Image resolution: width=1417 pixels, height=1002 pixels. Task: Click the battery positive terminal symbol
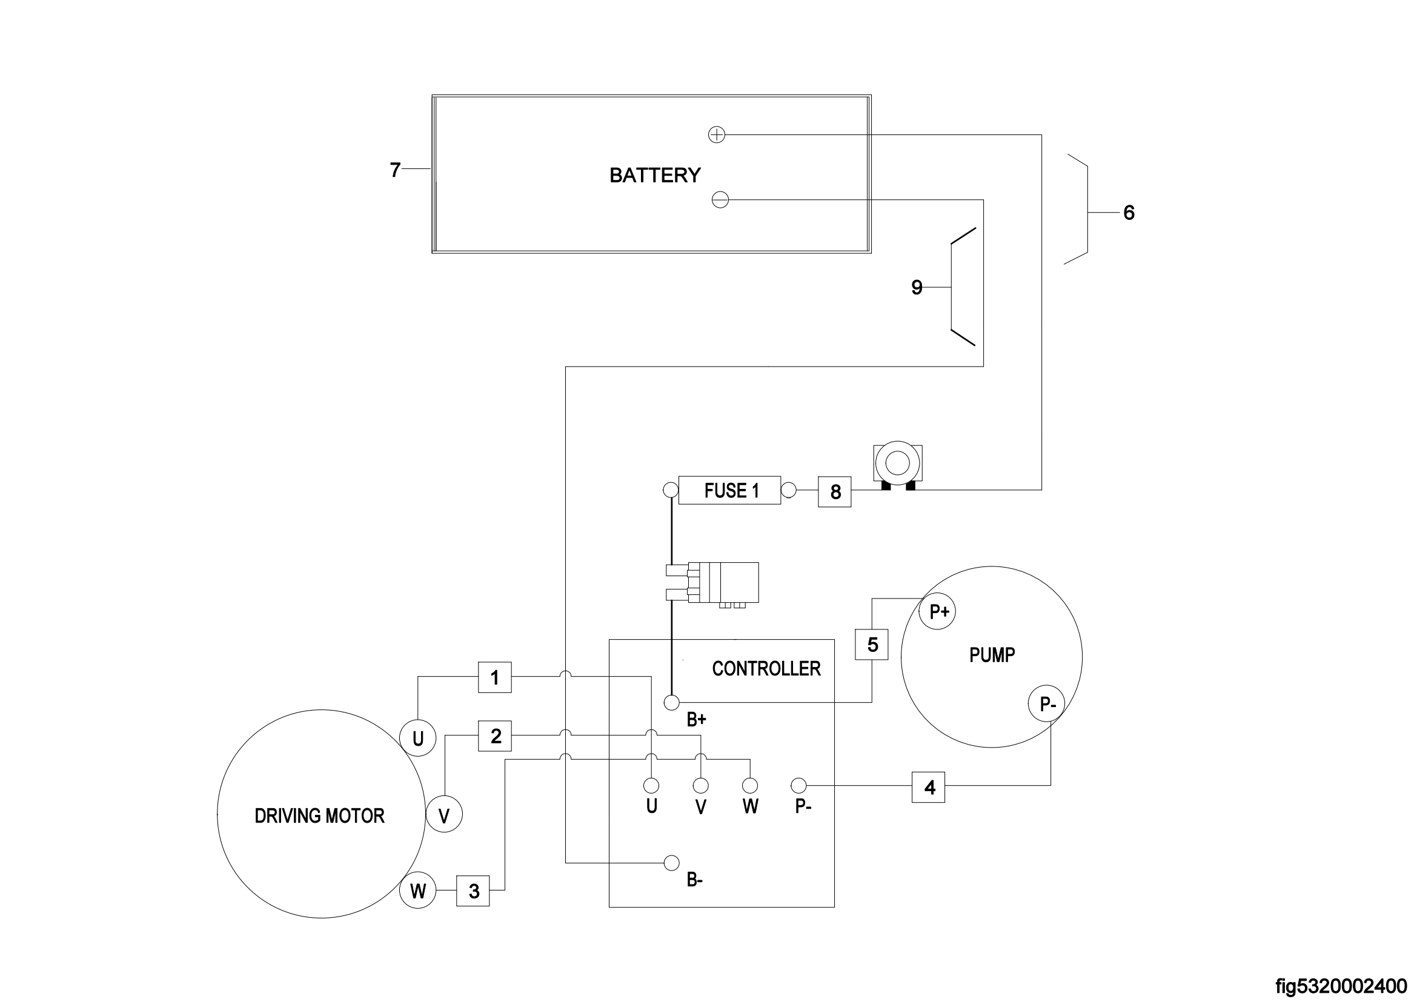point(717,134)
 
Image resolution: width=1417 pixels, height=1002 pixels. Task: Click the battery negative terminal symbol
point(720,200)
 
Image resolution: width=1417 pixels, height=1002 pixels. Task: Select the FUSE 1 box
point(729,491)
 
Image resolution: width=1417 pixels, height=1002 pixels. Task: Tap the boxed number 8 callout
point(834,492)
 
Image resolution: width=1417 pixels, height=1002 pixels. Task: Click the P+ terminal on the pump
point(937,611)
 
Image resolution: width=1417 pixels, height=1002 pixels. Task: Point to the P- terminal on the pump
point(1046,704)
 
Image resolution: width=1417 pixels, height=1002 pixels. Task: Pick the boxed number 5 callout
point(871,645)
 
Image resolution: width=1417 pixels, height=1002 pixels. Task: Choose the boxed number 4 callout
point(928,788)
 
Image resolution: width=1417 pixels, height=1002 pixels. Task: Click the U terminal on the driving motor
point(418,738)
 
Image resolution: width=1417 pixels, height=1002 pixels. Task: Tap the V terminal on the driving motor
point(443,815)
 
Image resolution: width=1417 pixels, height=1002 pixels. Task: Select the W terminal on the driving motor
point(418,891)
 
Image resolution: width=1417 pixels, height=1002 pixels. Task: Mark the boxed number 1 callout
point(495,677)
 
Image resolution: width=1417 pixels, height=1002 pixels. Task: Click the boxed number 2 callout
point(495,735)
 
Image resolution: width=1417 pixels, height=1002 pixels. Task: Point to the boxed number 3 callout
point(473,891)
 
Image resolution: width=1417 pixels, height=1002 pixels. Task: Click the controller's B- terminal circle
point(671,863)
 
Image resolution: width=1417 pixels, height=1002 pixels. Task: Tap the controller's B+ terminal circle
point(671,703)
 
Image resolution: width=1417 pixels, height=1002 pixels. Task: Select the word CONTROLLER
point(766,669)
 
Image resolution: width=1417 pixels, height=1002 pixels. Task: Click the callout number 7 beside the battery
point(396,169)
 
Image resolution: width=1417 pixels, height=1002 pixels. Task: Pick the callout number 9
point(917,287)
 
